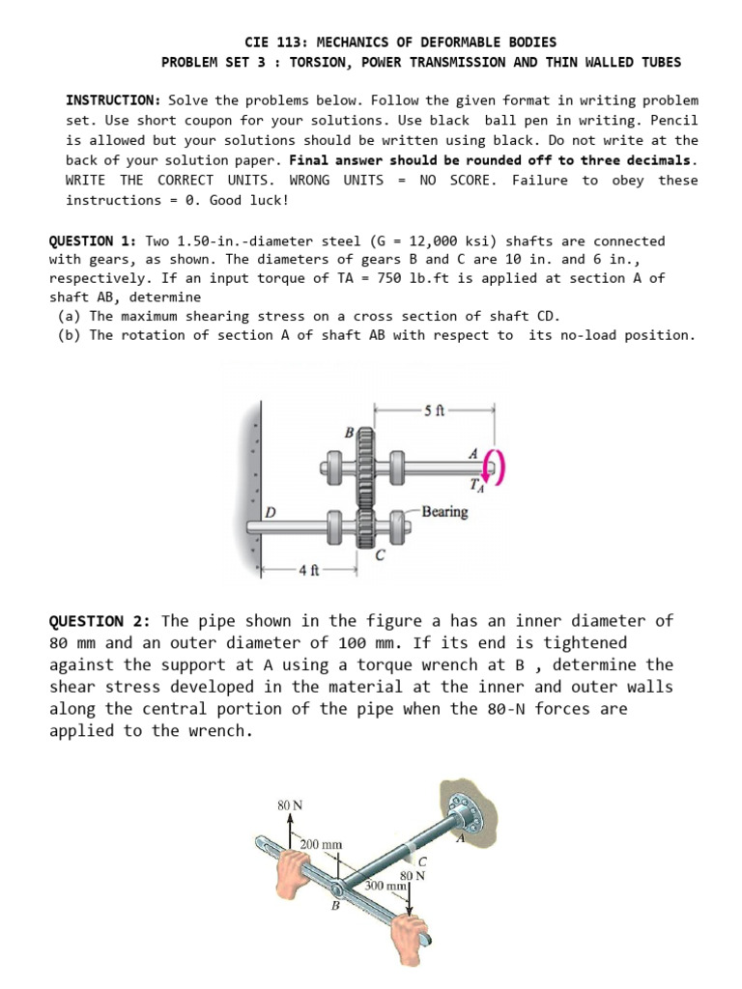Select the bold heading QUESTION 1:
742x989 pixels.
(94, 240)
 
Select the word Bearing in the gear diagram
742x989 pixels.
(444, 512)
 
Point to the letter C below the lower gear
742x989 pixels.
(381, 555)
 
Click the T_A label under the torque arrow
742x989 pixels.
(476, 486)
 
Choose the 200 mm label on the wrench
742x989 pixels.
(321, 844)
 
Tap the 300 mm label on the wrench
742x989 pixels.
(384, 885)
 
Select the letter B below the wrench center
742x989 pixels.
(335, 906)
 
